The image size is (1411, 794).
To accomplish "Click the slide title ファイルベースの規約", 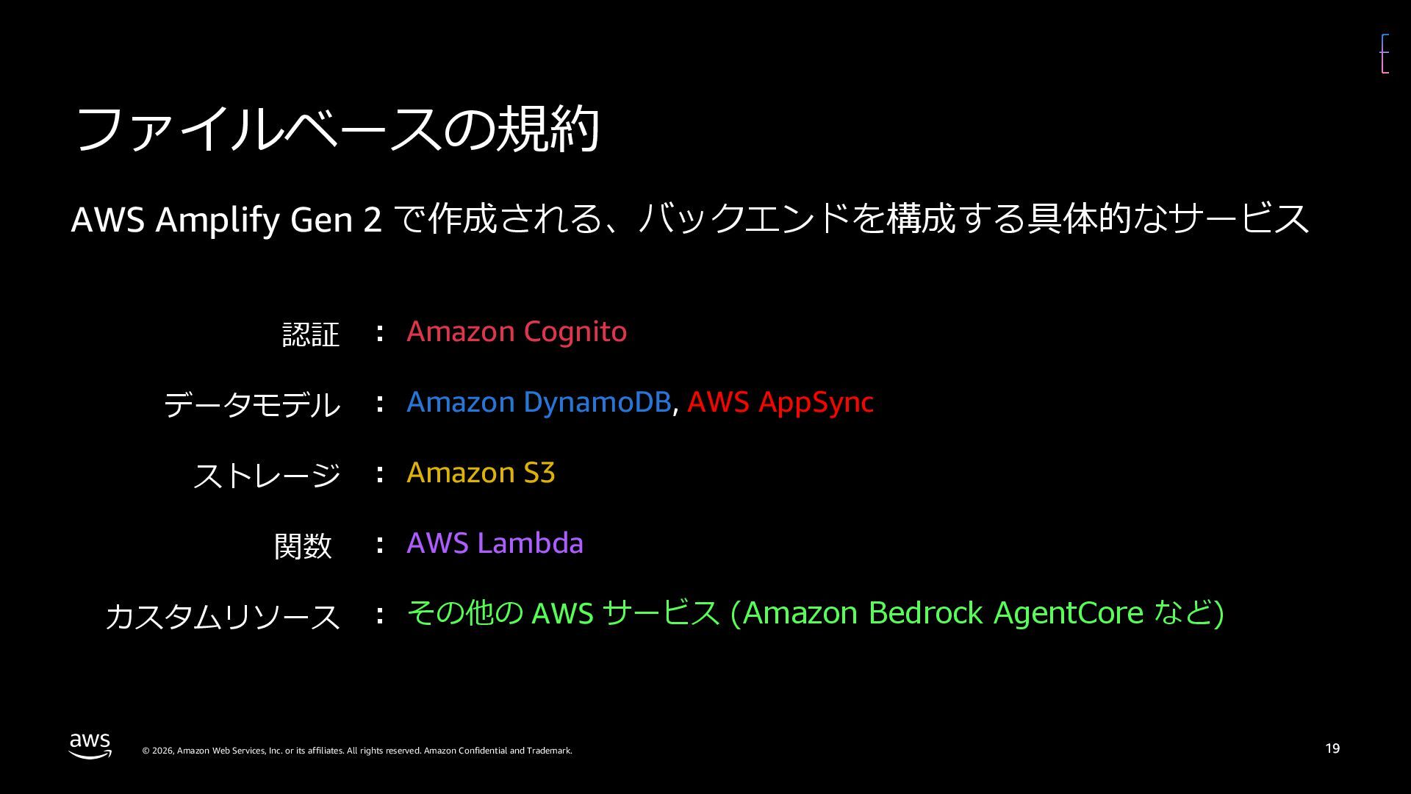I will tap(337, 129).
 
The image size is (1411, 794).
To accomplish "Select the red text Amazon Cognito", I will tap(517, 332).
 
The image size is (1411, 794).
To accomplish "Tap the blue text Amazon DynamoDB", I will tap(539, 402).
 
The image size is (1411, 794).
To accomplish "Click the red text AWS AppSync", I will tap(780, 402).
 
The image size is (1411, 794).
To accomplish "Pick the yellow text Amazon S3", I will tap(481, 473).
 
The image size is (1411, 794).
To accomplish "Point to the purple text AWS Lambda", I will tap(495, 543).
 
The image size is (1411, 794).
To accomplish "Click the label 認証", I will tap(311, 335).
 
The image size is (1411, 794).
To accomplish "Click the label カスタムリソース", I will tap(223, 616).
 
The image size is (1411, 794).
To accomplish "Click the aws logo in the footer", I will tap(90, 745).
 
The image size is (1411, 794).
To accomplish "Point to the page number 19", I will tap(1332, 748).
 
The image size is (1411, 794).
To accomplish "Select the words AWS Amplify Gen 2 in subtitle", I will tap(226, 220).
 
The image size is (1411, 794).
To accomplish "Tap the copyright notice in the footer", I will tap(356, 751).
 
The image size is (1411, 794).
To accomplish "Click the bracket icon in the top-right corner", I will tap(1385, 54).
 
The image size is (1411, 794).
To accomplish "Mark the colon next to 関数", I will tap(379, 544).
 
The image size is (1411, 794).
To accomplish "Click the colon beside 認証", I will tap(379, 332).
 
